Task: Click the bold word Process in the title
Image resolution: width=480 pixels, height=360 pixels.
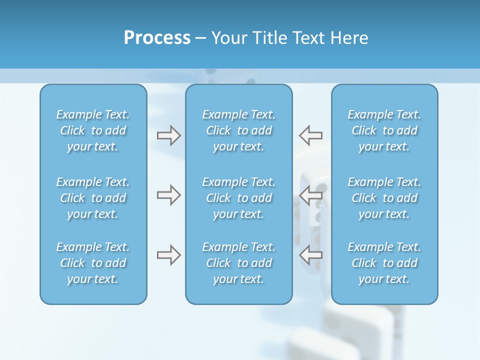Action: [157, 38]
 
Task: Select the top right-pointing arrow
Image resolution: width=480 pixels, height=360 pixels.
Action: [168, 135]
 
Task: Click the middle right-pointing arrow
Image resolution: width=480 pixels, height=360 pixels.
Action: [168, 195]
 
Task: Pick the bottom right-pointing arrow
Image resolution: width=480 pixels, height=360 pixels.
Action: [168, 255]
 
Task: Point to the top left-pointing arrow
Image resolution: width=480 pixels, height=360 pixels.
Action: [310, 135]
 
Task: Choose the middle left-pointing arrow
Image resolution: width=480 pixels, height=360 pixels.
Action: [310, 195]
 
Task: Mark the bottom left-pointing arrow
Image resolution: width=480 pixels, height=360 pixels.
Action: [310, 255]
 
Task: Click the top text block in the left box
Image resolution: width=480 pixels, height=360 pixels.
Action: [93, 130]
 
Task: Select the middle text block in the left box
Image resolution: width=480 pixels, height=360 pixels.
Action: [93, 198]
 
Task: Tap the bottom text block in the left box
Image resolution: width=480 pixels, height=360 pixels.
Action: [93, 263]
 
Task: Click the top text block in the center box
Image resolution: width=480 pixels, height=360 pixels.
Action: [238, 130]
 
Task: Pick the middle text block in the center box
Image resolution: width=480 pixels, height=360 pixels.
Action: [238, 198]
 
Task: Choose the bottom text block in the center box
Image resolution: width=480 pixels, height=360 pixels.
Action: [238, 263]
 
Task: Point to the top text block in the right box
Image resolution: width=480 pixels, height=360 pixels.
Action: [384, 130]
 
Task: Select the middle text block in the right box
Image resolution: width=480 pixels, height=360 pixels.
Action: [384, 198]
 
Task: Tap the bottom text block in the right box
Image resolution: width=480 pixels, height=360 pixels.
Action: [384, 263]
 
